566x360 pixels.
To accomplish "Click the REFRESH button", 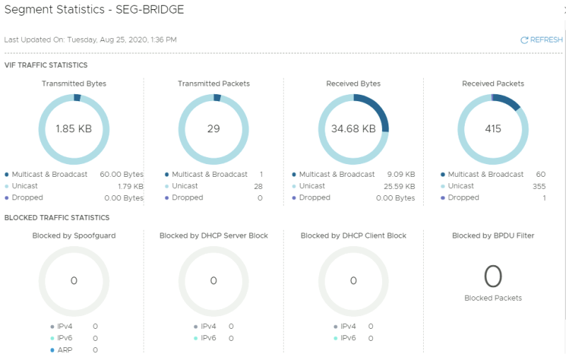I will click(x=542, y=40).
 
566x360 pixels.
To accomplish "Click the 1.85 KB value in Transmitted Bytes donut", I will click(x=74, y=129).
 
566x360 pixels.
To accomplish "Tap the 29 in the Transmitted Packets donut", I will click(x=214, y=129).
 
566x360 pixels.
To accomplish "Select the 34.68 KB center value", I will click(x=353, y=129).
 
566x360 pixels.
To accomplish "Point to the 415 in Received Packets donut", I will click(x=493, y=129).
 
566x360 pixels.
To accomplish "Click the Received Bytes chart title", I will click(x=353, y=83).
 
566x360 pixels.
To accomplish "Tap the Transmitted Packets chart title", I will click(x=214, y=83).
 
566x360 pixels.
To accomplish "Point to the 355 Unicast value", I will click(x=539, y=186).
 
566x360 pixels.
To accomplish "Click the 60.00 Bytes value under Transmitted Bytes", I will click(x=121, y=175).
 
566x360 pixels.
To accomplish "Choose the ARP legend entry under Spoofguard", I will click(x=64, y=350).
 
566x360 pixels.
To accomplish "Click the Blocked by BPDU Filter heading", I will click(x=493, y=236).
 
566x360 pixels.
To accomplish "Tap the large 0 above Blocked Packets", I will click(x=493, y=276).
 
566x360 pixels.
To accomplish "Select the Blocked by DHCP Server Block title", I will click(x=214, y=236).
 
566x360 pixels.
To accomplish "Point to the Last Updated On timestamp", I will click(x=91, y=40).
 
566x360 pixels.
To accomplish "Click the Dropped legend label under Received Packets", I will click(x=463, y=198).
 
